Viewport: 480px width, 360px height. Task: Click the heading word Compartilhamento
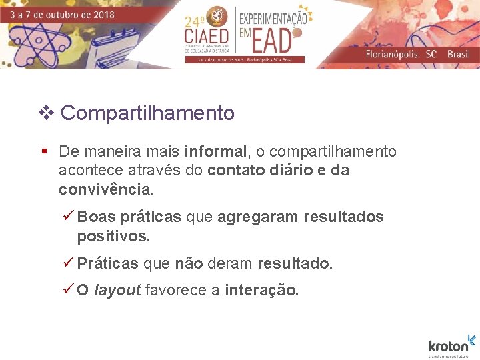coord(147,113)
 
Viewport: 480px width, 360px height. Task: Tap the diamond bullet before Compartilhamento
coord(46,113)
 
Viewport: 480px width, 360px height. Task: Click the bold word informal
coord(215,152)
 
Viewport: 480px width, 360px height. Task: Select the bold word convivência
coord(105,189)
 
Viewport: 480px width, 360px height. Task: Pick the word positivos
coord(113,236)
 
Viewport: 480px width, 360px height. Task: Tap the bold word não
coord(189,264)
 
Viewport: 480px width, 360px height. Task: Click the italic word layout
coord(117,291)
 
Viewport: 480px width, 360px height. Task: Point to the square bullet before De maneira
coord(44,152)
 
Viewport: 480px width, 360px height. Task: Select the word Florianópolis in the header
coord(391,54)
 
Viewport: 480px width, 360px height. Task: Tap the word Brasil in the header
coord(458,54)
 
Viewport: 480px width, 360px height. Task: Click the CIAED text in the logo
coord(207,35)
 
